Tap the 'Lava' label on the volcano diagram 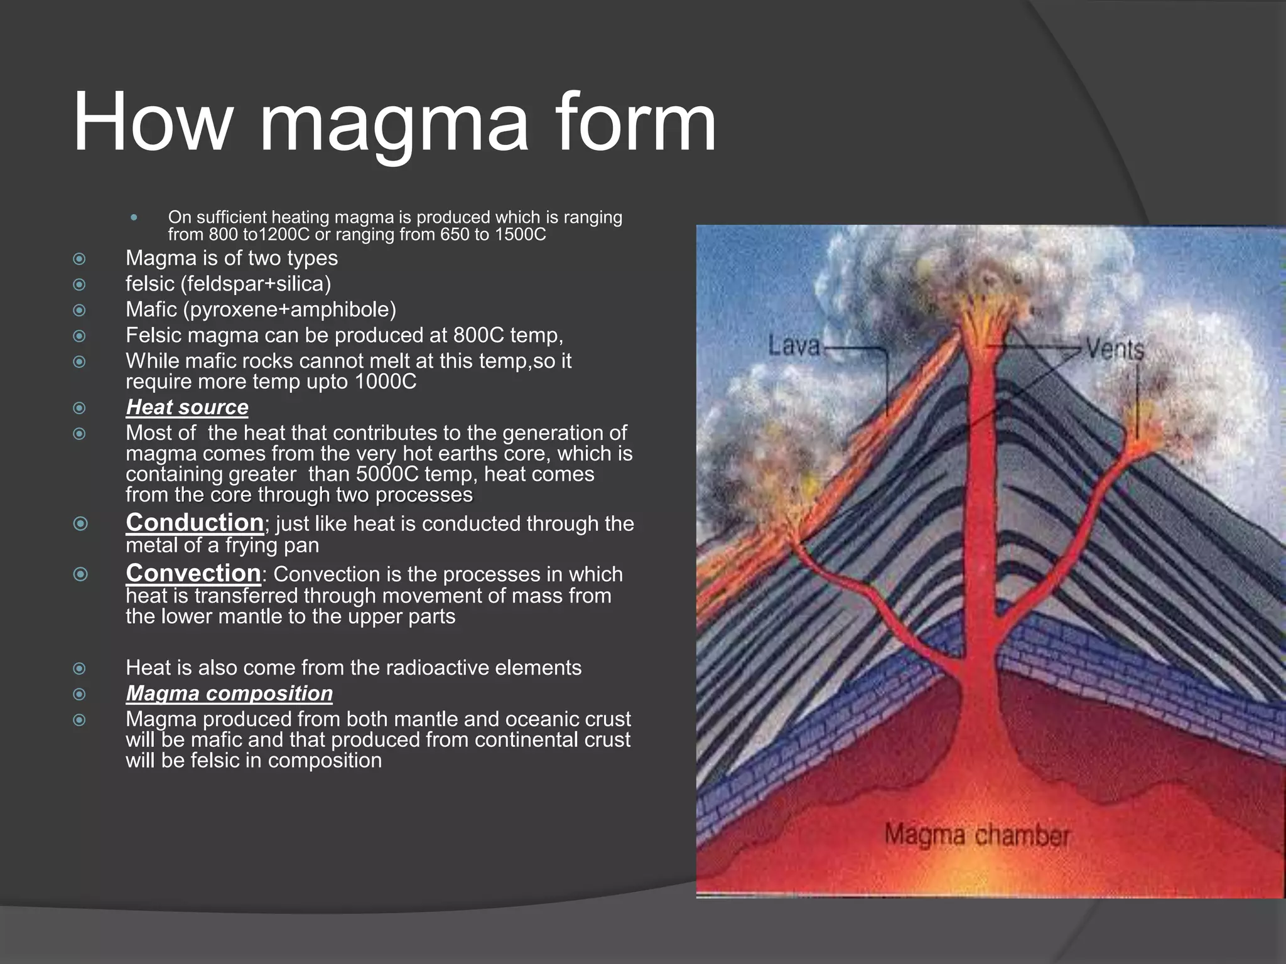point(794,346)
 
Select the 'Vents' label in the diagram point(1115,350)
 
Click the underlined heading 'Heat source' point(187,407)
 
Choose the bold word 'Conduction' point(195,523)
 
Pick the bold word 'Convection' point(193,573)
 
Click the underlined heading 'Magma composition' point(229,694)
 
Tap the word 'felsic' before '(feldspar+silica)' point(150,284)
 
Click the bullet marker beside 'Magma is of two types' point(79,259)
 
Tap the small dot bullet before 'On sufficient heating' point(133,218)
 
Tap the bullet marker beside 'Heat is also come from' point(79,668)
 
